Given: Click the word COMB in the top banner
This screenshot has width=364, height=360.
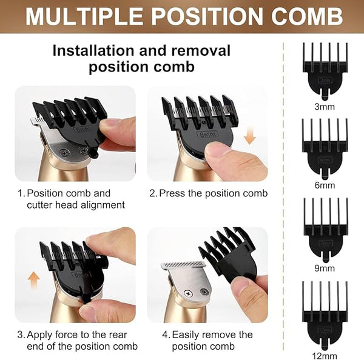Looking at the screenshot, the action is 307,16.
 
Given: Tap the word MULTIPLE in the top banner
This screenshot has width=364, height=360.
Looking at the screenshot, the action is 84,16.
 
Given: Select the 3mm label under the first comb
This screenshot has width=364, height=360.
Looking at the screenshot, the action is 325,107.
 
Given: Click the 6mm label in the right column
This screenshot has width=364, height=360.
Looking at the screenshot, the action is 325,185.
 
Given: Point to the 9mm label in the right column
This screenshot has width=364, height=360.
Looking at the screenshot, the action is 325,268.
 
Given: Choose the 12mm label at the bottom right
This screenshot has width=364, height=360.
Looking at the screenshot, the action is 325,356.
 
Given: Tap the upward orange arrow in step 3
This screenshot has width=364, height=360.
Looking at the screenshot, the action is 33,281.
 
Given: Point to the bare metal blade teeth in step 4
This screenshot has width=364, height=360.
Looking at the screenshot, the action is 183,265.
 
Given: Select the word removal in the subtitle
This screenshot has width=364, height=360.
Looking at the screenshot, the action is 201,50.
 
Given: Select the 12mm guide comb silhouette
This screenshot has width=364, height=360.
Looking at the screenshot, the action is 325,315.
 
